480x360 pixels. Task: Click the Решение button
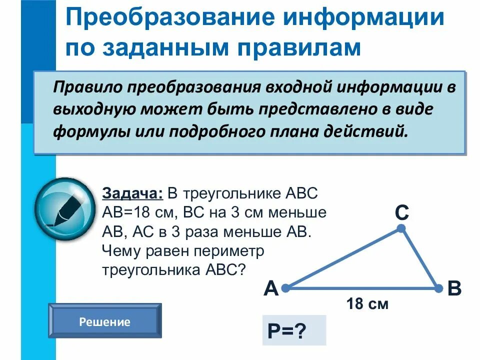104,321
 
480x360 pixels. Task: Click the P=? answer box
293,330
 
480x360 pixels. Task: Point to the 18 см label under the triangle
367,303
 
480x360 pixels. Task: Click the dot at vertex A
285,288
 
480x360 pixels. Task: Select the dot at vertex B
438,288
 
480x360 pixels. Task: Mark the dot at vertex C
401,228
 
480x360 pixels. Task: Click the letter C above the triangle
402,213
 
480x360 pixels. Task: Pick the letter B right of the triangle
454,289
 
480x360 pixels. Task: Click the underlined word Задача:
132,193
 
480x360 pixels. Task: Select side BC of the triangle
420,258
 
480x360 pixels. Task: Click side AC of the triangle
343,258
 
